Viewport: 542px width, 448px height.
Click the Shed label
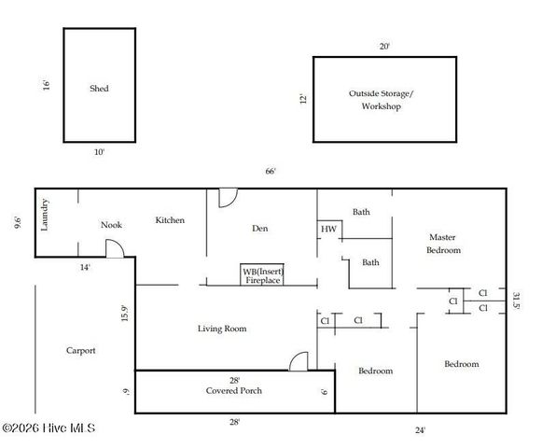point(99,89)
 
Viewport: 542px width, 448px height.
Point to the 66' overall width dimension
point(271,171)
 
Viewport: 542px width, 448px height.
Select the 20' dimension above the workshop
point(383,46)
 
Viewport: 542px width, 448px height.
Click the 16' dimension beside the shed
point(46,85)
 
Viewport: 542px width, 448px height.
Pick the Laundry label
point(45,216)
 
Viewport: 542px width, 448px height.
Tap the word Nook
point(112,225)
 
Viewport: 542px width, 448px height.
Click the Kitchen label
point(170,220)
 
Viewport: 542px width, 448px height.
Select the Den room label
point(260,228)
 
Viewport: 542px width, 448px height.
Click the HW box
point(328,229)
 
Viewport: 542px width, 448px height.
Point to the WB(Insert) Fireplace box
point(262,274)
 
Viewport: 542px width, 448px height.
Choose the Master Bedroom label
point(443,244)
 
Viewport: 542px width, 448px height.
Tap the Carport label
point(80,351)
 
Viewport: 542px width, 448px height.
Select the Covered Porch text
point(234,390)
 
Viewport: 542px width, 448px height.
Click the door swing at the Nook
point(113,248)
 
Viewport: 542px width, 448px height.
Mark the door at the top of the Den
point(228,197)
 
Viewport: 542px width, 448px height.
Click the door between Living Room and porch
point(298,361)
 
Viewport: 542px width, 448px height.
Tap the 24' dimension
point(421,430)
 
